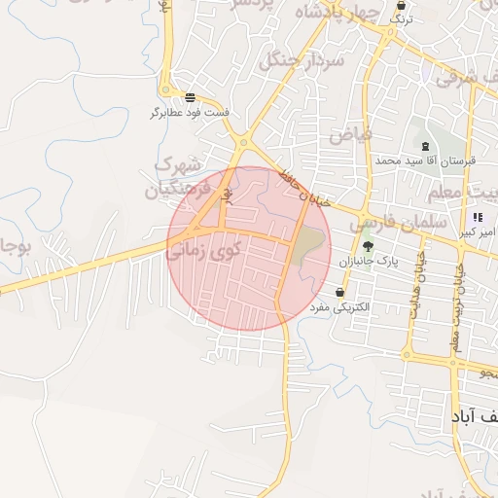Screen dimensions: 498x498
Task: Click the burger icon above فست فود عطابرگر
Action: (x=189, y=97)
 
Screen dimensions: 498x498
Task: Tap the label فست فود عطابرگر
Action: (x=189, y=114)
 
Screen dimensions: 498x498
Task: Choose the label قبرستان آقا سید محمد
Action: (x=426, y=160)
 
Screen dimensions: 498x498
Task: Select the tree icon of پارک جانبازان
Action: (x=368, y=246)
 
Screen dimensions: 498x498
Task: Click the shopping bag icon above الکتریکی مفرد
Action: (x=339, y=292)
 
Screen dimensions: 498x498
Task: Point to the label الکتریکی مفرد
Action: (x=339, y=308)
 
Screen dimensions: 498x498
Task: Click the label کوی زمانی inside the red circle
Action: (x=203, y=251)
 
